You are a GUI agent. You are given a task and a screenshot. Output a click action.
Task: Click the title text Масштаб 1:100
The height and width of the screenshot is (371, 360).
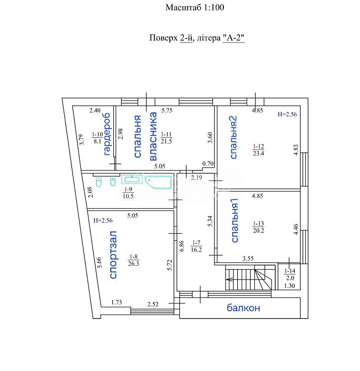point(195,8)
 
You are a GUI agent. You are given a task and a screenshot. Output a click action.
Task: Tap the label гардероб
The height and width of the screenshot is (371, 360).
point(107,134)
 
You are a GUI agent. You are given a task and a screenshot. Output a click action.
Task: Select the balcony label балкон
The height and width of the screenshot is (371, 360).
point(243,308)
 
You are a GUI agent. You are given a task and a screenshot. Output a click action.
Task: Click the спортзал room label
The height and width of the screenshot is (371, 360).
point(113,255)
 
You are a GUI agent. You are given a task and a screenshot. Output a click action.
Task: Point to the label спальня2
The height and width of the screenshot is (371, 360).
point(233,137)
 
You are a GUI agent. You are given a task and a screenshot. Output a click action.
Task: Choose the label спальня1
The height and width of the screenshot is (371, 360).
point(234,220)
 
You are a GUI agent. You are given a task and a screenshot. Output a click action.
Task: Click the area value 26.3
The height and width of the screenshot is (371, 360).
point(133,264)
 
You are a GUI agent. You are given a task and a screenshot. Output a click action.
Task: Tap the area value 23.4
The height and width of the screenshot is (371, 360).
point(258,153)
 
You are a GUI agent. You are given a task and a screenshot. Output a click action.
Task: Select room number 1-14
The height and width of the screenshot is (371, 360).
point(290,271)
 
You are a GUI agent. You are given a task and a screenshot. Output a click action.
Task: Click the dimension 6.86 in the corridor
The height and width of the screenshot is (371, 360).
point(181,246)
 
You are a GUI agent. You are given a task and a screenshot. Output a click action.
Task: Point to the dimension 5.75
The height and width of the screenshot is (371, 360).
point(167,111)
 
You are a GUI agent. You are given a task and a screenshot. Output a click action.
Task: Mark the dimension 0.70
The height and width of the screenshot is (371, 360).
point(208,163)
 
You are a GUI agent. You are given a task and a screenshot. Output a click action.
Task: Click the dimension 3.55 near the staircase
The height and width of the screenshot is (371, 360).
point(248,259)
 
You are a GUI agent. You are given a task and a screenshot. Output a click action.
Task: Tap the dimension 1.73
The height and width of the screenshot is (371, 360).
point(117,302)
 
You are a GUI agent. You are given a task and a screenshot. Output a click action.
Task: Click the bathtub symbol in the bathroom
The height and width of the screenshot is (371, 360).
point(132,179)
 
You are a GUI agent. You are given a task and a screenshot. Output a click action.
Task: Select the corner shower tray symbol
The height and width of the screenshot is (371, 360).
point(158,182)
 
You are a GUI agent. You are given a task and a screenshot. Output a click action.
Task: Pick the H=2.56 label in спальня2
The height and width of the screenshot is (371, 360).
point(287,114)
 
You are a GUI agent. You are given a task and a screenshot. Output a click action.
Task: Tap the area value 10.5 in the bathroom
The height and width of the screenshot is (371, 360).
point(128,196)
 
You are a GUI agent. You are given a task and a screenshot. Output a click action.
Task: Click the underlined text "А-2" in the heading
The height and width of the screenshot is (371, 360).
point(233,38)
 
